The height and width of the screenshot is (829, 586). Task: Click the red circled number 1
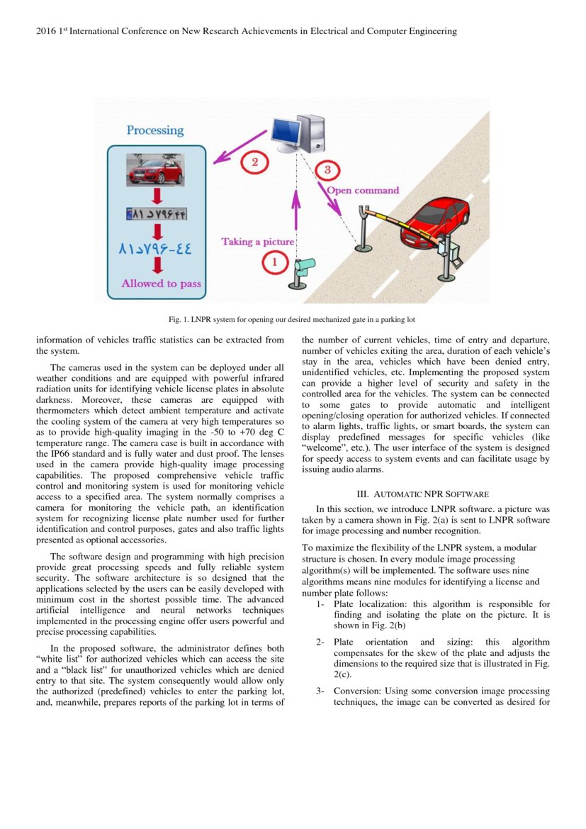tap(276, 263)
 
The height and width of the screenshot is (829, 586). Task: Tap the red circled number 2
tap(255, 162)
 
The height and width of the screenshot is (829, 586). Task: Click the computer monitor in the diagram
tap(288, 130)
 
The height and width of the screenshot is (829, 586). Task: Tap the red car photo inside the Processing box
tap(155, 171)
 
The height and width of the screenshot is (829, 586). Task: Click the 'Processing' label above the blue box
tap(155, 130)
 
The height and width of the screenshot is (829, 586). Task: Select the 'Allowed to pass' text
tap(161, 284)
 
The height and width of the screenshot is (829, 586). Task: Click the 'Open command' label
tap(362, 190)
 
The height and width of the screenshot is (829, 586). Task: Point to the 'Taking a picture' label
tap(257, 242)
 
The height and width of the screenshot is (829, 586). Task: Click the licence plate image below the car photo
tap(156, 212)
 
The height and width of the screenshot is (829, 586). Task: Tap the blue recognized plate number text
tap(156, 250)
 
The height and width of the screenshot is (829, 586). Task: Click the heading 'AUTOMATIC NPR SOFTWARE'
tap(431, 494)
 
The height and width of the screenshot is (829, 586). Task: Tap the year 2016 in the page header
tap(46, 31)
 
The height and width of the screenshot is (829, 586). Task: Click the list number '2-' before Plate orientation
tap(320, 642)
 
